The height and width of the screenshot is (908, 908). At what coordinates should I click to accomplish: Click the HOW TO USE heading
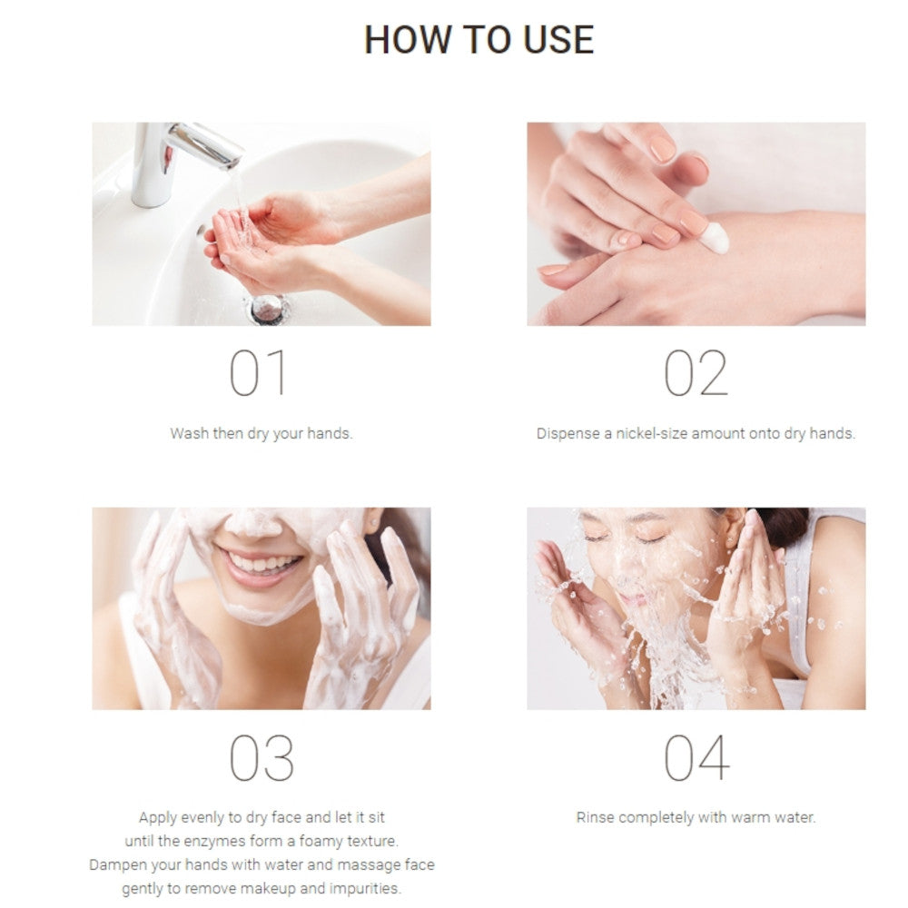(x=479, y=39)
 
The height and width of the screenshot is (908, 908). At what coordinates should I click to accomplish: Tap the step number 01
(x=258, y=373)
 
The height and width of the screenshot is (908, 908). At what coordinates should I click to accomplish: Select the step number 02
(x=696, y=373)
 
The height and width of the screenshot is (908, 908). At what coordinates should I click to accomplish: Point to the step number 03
(x=262, y=757)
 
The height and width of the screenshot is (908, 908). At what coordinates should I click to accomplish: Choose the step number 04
(x=696, y=757)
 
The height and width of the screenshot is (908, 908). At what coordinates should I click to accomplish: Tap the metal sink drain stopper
(x=268, y=309)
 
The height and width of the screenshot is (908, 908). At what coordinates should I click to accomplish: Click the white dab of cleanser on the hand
(x=714, y=238)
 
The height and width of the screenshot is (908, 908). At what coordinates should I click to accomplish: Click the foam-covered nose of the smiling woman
(x=253, y=524)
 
